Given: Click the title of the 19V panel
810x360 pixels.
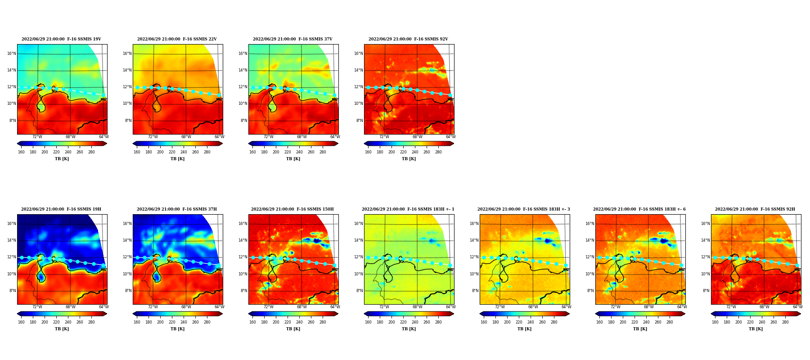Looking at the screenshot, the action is tap(62, 39).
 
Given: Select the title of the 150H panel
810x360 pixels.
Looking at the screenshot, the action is tap(292, 209).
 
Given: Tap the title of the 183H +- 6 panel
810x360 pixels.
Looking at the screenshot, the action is tap(639, 209).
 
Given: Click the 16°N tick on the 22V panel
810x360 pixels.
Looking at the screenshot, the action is tap(127, 54).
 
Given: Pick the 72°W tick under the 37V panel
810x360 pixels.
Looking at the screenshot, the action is tap(269, 137).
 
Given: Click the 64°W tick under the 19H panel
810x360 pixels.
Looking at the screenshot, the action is tap(104, 307).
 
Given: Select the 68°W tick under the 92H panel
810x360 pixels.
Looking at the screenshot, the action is tap(765, 307).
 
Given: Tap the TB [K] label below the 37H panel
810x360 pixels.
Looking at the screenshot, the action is tap(177, 329).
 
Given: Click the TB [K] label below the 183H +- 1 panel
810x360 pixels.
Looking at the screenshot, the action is tap(409, 329).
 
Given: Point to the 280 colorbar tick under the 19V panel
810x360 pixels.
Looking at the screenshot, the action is tap(91, 152).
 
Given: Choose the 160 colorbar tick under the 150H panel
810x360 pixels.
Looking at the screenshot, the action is tap(252, 322).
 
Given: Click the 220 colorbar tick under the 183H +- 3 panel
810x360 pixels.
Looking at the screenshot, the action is tap(519, 322).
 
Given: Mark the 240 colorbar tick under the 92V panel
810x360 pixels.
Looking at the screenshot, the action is tap(415, 152).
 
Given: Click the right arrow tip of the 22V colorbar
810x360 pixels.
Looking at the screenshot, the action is tap(222, 144).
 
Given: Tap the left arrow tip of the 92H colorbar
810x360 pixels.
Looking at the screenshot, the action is tap(711, 314).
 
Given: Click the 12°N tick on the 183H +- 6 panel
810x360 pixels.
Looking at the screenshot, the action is tap(590, 257).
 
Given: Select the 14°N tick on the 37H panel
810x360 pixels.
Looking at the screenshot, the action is tap(127, 240).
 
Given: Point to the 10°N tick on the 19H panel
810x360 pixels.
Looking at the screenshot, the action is tap(12, 274).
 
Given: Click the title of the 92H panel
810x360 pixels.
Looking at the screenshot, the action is tap(755, 209).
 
